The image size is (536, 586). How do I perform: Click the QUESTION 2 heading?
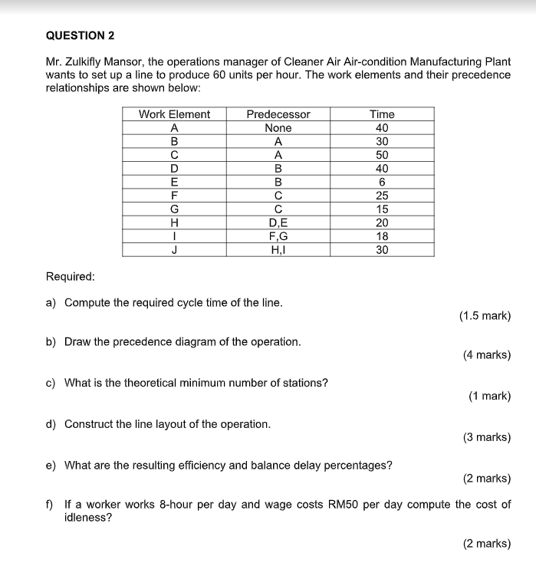[81, 35]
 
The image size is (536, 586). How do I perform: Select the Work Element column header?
[174, 114]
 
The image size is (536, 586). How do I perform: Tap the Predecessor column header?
[278, 114]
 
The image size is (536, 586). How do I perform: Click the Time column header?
[382, 114]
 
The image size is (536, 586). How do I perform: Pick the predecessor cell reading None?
[278, 128]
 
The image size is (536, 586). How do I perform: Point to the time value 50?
[382, 155]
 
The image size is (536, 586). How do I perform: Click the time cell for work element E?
[382, 182]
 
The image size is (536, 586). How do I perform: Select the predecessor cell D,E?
[278, 222]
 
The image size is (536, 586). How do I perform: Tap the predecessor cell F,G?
[278, 236]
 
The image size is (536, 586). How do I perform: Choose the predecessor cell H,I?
[278, 249]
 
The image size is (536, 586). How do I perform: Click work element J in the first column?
[174, 249]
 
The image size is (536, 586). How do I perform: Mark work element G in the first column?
[174, 209]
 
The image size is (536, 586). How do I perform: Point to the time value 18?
[382, 236]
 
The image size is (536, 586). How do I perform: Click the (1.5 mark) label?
[485, 315]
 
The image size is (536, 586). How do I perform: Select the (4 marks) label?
[487, 355]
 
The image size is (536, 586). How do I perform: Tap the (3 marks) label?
[487, 437]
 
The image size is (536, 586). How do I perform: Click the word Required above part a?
[71, 276]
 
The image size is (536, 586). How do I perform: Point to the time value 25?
[382, 196]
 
